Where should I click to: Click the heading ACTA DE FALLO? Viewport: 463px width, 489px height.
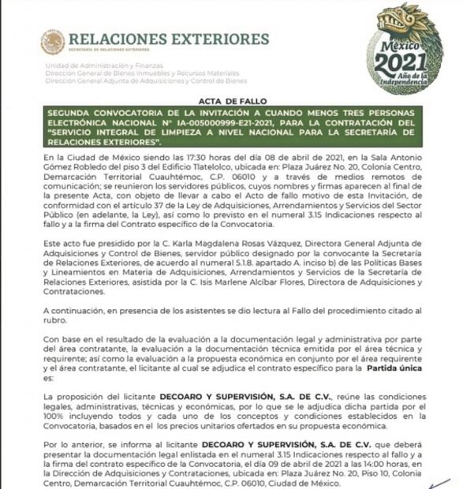tap(231, 103)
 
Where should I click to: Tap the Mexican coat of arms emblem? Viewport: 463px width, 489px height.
tap(53, 42)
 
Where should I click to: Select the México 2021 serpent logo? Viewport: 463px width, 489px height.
tap(405, 49)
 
